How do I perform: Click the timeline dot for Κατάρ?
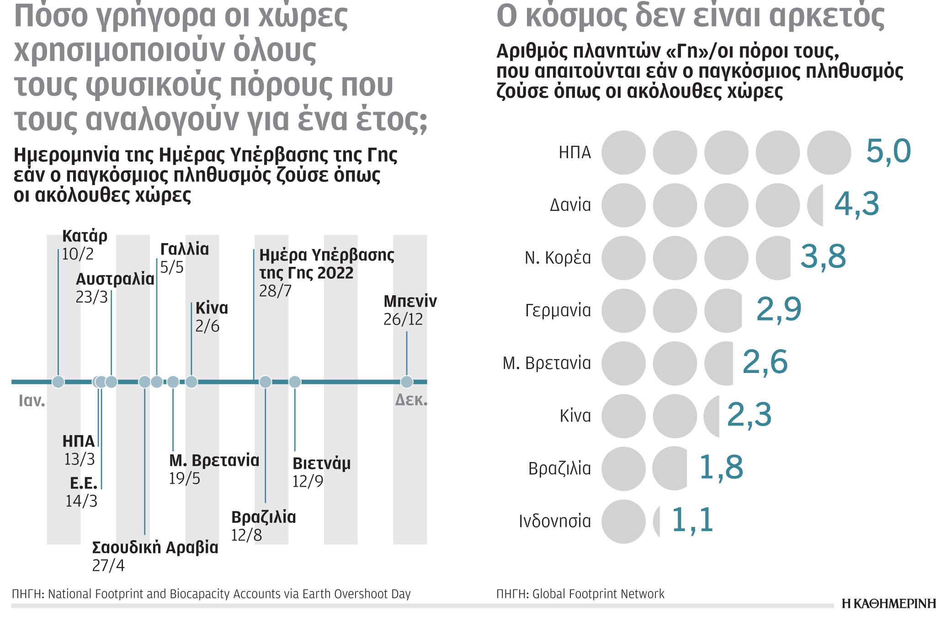point(58,382)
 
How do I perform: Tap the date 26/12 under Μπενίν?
point(403,319)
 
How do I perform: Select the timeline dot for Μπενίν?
point(406,382)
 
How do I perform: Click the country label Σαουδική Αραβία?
point(155,547)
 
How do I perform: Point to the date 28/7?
point(275,291)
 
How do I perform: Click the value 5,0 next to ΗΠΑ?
point(888,152)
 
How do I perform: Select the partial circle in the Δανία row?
point(815,205)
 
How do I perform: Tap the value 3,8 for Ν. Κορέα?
point(823,257)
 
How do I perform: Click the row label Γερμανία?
point(558,311)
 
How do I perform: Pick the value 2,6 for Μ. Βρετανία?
point(765,362)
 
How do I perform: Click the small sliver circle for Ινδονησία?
point(657,521)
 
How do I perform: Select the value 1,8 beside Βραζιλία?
point(721,468)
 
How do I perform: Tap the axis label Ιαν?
point(32,401)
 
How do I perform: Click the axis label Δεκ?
point(411,400)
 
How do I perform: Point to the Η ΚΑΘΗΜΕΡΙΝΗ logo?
point(888,604)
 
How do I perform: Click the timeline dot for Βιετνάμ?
point(295,382)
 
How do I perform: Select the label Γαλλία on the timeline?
point(184,249)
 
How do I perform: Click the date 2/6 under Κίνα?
point(207,326)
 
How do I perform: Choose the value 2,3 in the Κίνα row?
point(749,415)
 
